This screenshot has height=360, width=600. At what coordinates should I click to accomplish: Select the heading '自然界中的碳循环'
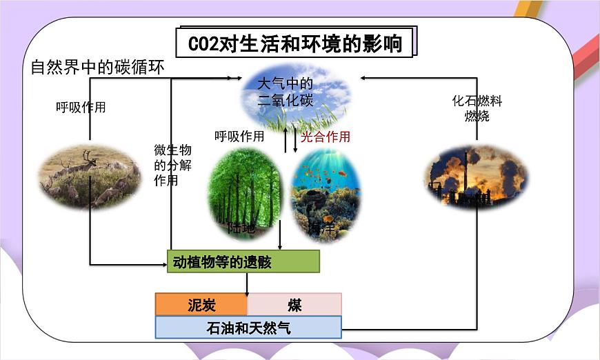pos(97,68)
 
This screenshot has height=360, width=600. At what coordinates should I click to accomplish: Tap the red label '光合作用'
pos(326,137)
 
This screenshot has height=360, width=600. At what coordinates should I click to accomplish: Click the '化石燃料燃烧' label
pos(477,108)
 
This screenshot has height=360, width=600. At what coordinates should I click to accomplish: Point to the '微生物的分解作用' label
pos(172,166)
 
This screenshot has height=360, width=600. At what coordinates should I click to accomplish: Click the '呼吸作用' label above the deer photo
pos(81,107)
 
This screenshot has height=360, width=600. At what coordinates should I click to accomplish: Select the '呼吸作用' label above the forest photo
pos(239,137)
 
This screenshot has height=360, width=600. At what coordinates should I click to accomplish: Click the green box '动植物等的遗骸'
pos(243,261)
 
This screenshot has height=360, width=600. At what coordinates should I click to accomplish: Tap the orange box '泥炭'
pos(201,305)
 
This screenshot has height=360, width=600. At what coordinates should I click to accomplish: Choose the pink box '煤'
pos(294,305)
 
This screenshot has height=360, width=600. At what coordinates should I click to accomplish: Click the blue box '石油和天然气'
pos(248,328)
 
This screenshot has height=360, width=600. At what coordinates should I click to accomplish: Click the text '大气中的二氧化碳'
pos(285,92)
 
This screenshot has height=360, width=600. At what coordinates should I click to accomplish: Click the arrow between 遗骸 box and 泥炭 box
pos(247,283)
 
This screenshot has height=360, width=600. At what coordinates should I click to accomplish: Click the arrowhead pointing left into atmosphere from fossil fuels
pos(364,78)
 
